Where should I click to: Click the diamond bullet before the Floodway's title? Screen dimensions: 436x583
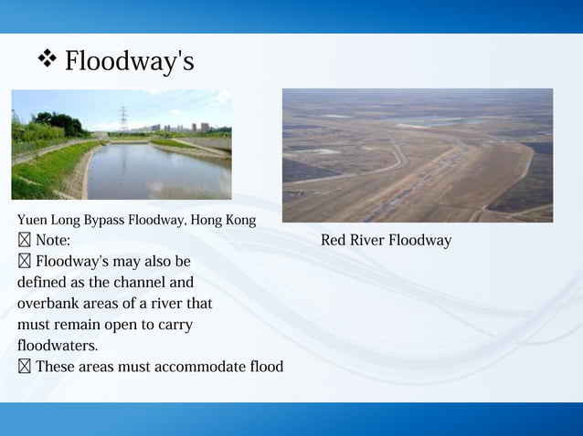47,60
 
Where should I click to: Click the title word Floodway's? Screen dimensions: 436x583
129,62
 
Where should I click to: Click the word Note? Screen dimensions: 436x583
53,241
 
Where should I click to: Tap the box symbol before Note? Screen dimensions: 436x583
24,241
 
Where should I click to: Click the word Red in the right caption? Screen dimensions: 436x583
334,241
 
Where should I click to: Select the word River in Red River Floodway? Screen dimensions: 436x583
368,241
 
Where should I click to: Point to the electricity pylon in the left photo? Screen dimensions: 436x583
122,119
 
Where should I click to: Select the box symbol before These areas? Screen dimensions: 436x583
24,367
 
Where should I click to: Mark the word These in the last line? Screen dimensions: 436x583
56,367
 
